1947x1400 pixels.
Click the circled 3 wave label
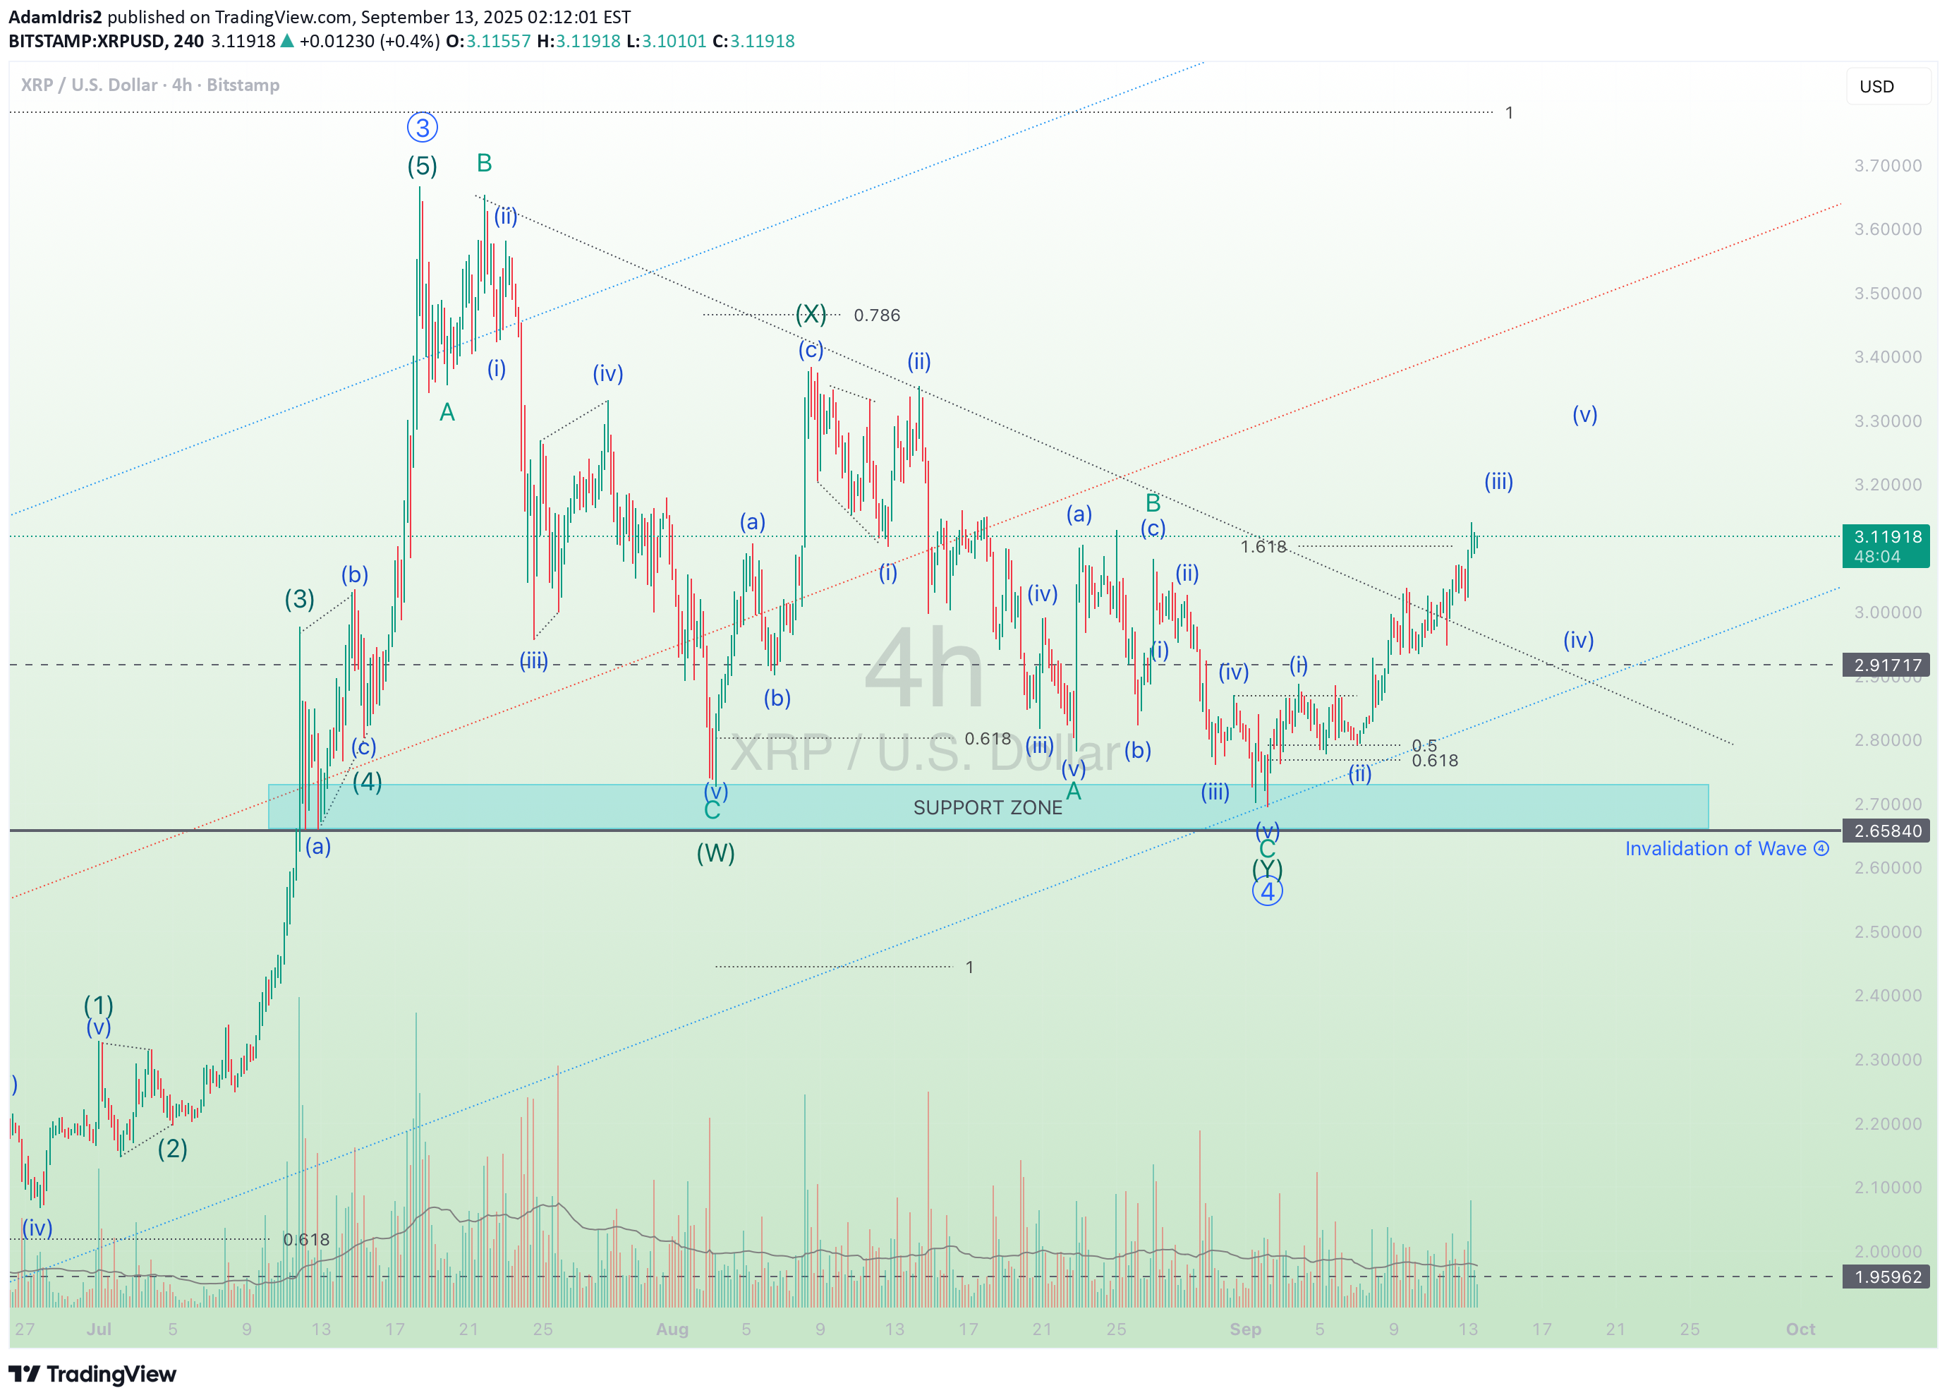point(422,128)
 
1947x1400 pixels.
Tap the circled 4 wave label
point(1267,891)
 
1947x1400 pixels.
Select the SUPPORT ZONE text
point(987,807)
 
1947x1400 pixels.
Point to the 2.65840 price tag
point(1887,831)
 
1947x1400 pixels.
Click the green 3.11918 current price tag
point(1887,546)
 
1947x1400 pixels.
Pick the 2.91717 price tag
point(1887,665)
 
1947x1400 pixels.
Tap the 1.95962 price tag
point(1887,1277)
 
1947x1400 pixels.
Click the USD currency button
point(1876,87)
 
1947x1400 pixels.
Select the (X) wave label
point(811,313)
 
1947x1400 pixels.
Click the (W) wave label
point(715,853)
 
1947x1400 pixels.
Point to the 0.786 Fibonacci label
point(876,315)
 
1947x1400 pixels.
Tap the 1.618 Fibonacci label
point(1263,546)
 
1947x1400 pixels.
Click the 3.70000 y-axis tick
point(1887,166)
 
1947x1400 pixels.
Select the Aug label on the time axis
point(672,1329)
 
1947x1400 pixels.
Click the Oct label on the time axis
point(1800,1329)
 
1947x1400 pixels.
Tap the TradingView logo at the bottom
point(92,1374)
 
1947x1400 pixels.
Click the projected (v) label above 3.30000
point(1584,415)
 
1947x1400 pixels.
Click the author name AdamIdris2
point(55,17)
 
